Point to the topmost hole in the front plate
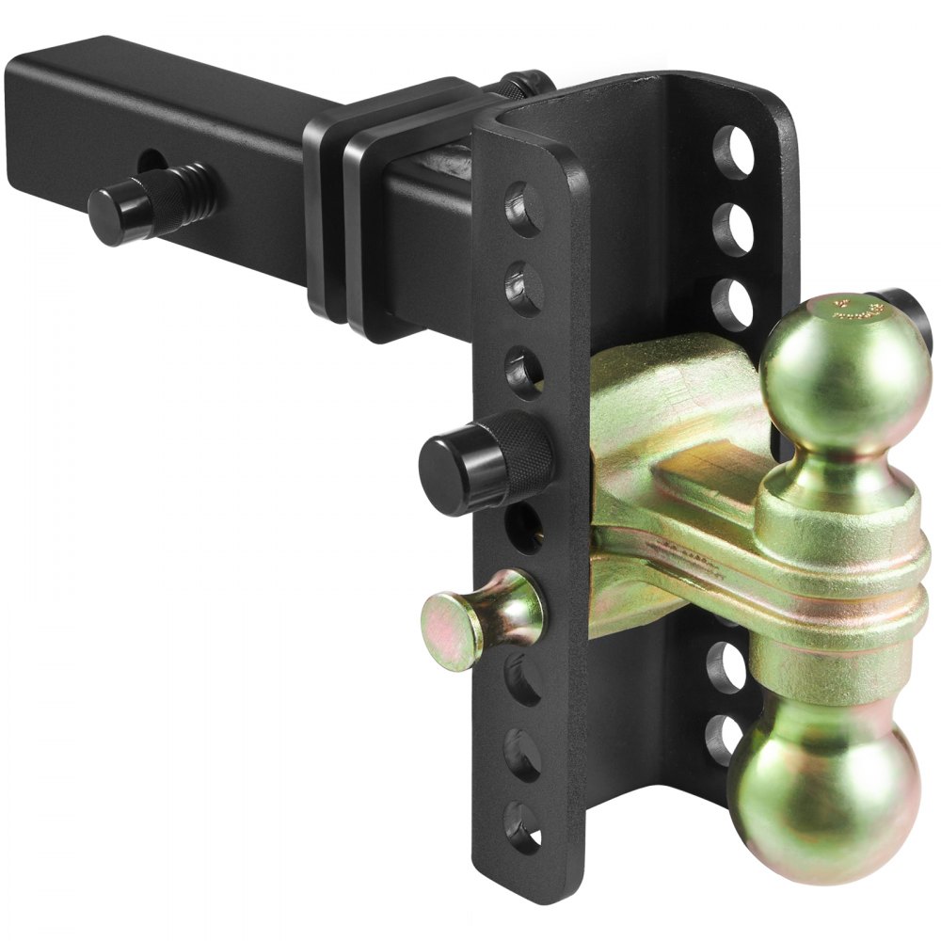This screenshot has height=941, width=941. [x=524, y=209]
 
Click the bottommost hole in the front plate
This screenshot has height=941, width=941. [x=523, y=826]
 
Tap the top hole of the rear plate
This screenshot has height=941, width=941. [x=734, y=151]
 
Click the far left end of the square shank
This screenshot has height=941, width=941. [x=28, y=122]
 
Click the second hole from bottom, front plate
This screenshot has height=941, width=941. [x=523, y=753]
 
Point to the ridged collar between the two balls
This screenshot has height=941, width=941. [x=837, y=602]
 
